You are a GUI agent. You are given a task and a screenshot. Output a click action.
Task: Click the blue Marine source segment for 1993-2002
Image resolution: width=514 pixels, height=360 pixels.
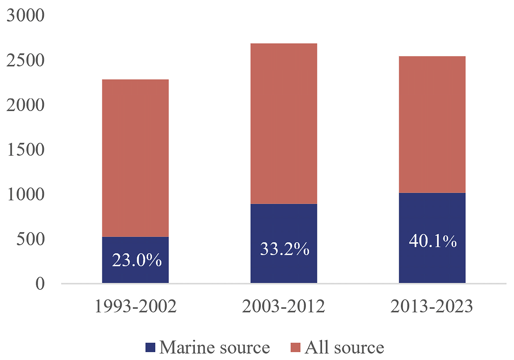pyautogui.click(x=135, y=275)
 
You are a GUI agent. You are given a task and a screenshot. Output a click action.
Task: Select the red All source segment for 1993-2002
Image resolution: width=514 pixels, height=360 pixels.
pyautogui.click(x=135, y=158)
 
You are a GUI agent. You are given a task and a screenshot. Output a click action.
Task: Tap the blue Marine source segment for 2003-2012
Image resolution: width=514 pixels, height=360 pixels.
pyautogui.click(x=283, y=269)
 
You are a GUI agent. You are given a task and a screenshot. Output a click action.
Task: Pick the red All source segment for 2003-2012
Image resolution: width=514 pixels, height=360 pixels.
pyautogui.click(x=283, y=123)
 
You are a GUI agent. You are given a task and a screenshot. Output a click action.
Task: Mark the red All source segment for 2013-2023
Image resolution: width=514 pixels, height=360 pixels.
pyautogui.click(x=432, y=124)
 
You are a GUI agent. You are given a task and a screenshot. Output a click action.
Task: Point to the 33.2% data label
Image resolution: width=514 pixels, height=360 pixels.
pyautogui.click(x=284, y=249)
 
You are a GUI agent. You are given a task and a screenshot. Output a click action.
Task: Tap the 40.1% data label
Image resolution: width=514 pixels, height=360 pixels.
pyautogui.click(x=432, y=241)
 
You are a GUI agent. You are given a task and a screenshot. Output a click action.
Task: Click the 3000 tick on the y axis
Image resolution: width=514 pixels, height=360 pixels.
pyautogui.click(x=25, y=15)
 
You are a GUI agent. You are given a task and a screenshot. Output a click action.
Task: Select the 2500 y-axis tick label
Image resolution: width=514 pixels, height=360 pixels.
pyautogui.click(x=25, y=60)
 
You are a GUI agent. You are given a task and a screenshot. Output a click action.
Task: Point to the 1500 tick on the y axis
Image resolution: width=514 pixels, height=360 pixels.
pyautogui.click(x=25, y=150)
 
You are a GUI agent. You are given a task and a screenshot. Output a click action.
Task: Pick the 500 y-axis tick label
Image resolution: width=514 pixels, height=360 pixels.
pyautogui.click(x=30, y=239)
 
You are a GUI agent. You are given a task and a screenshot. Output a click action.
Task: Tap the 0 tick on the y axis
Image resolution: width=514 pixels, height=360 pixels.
pyautogui.click(x=40, y=284)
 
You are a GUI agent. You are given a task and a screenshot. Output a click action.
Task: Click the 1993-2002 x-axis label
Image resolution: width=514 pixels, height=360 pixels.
pyautogui.click(x=135, y=306)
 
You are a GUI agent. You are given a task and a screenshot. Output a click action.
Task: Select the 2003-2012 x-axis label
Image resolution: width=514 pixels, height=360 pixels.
pyautogui.click(x=283, y=306)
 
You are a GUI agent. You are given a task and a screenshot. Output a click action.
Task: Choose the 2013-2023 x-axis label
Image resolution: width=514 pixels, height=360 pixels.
pyautogui.click(x=432, y=306)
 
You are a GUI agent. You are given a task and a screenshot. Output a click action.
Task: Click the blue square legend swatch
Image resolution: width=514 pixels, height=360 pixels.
pyautogui.click(x=150, y=347)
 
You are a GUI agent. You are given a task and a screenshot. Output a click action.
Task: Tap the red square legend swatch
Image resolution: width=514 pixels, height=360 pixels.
pyautogui.click(x=295, y=347)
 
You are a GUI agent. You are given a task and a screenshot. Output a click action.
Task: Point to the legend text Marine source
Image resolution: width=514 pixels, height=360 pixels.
pyautogui.click(x=214, y=347)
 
